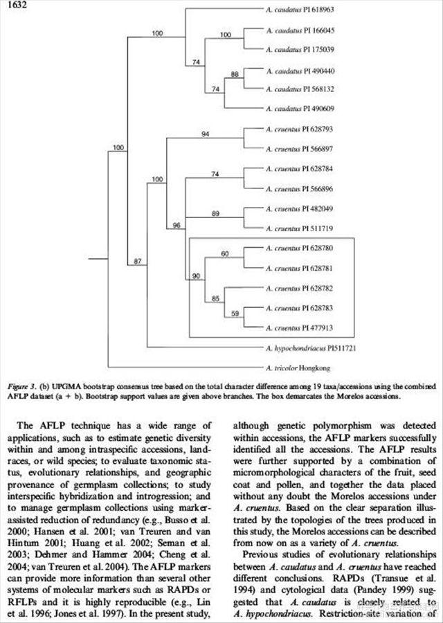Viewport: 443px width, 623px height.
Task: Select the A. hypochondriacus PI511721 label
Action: (311, 347)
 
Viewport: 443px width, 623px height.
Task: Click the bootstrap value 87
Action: (137, 261)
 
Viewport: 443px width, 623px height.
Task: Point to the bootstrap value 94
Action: (205, 134)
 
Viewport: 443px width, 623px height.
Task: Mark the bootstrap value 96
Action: (177, 225)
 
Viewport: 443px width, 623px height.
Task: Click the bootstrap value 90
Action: (196, 276)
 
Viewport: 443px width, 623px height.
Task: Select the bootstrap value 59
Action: (234, 314)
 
